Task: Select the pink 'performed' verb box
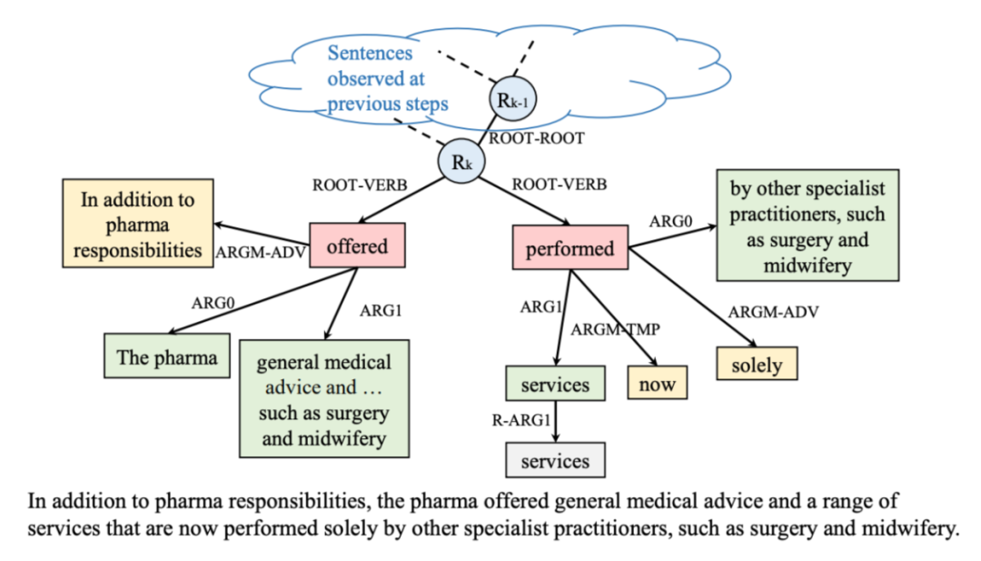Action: point(570,248)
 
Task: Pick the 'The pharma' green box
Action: point(167,356)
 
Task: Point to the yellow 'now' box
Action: point(657,384)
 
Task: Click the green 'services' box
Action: point(555,385)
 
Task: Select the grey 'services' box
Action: point(555,460)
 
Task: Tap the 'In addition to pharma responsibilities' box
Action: point(137,225)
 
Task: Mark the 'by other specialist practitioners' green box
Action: point(808,224)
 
